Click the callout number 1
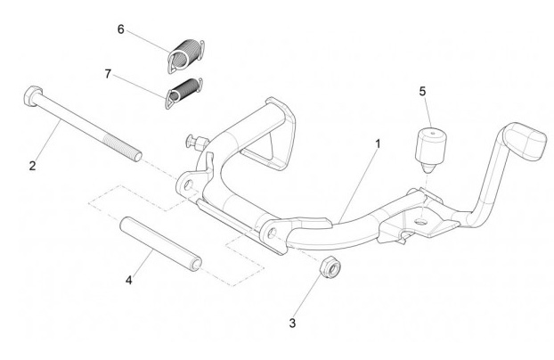pyautogui.click(x=380, y=143)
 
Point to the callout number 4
pyautogui.click(x=129, y=280)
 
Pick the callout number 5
pyautogui.click(x=423, y=92)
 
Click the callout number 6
pyautogui.click(x=120, y=29)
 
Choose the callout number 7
pyautogui.click(x=109, y=74)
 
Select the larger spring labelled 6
pyautogui.click(x=185, y=54)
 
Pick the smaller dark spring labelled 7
pyautogui.click(x=184, y=90)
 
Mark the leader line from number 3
pyautogui.click(x=309, y=293)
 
